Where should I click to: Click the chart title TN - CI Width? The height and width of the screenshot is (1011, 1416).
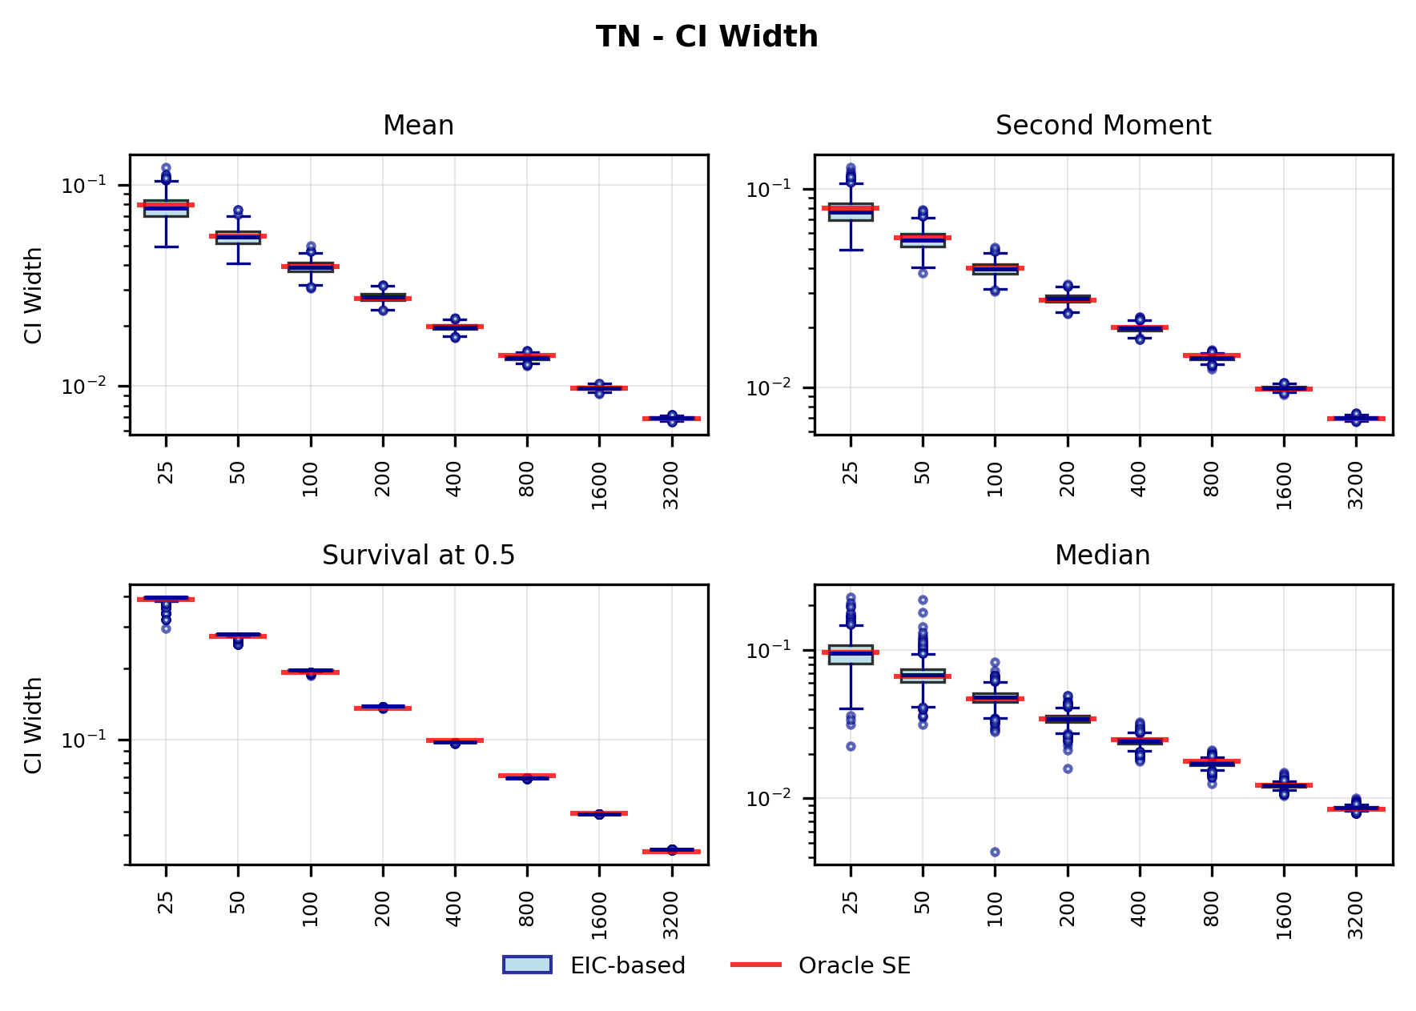click(706, 37)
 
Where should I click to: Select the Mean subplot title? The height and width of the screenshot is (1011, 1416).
click(418, 126)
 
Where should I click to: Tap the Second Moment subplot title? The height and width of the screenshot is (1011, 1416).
click(1103, 126)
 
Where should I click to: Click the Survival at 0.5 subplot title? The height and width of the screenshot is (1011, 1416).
click(418, 556)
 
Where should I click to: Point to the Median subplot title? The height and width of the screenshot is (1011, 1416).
click(1102, 556)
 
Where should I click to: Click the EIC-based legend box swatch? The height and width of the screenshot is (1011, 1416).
click(527, 965)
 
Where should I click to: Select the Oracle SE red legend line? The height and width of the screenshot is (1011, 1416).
click(755, 965)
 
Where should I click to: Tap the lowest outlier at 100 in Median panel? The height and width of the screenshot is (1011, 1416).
click(995, 852)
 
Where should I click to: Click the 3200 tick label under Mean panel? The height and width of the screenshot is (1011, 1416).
click(671, 485)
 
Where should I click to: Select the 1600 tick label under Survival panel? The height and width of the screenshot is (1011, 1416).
click(599, 915)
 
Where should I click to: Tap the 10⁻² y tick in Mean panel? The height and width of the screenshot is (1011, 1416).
click(84, 387)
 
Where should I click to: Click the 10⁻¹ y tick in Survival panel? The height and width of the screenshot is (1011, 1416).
click(84, 740)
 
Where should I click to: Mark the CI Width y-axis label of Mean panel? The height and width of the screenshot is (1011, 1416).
click(33, 295)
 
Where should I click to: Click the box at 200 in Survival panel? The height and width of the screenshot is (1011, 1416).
click(383, 707)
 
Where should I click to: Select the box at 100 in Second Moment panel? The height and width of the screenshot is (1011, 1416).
click(995, 270)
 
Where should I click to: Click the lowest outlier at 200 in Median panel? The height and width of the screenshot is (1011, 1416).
click(1068, 768)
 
